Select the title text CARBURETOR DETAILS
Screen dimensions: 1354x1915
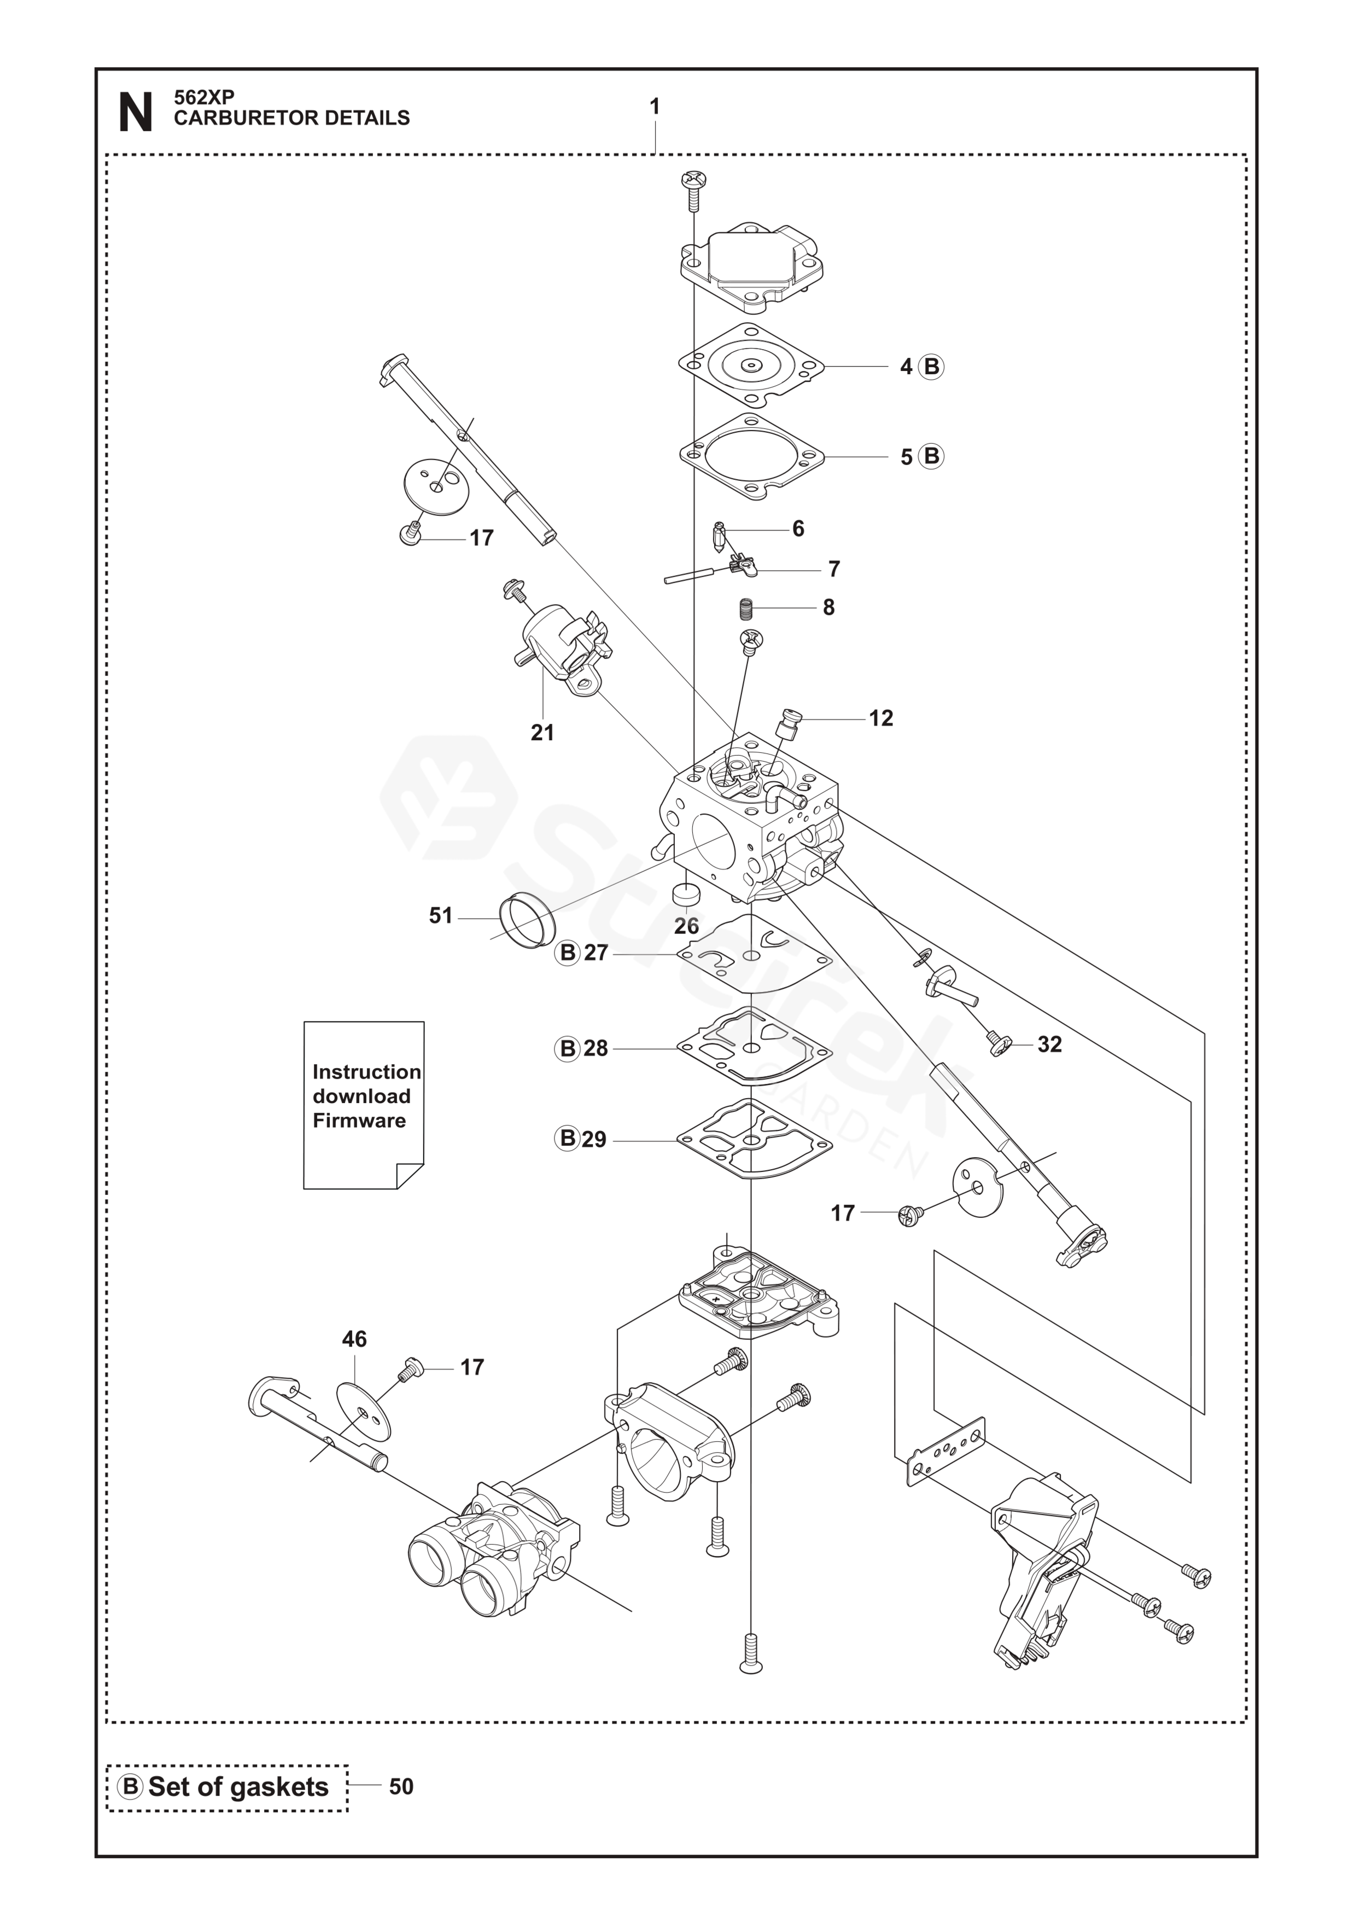[x=292, y=118]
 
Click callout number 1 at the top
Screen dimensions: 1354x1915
[x=655, y=107]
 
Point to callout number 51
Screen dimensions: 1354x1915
[x=441, y=916]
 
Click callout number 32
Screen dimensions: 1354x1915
[x=1050, y=1044]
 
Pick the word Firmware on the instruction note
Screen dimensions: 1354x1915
[x=359, y=1120]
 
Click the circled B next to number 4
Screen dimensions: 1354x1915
[x=931, y=367]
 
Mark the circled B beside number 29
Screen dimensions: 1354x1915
[x=568, y=1139]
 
